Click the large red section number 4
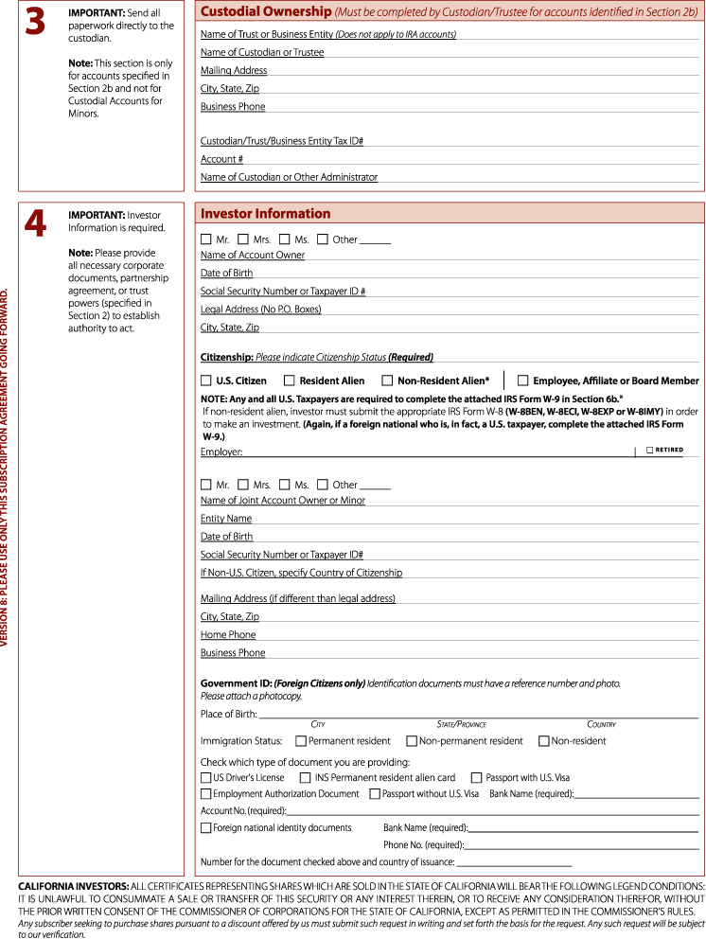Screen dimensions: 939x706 pyautogui.click(x=35, y=223)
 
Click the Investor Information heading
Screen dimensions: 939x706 pyautogui.click(x=266, y=214)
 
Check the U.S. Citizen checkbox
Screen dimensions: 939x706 pyautogui.click(x=206, y=381)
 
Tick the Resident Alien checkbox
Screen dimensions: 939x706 pyautogui.click(x=290, y=381)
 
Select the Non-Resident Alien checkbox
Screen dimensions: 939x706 pyautogui.click(x=387, y=381)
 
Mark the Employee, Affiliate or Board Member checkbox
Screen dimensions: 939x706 pyautogui.click(x=522, y=381)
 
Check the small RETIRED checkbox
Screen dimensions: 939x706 pyautogui.click(x=649, y=451)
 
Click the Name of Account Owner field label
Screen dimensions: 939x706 pyautogui.click(x=253, y=255)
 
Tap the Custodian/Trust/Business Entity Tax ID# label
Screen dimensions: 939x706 pyautogui.click(x=282, y=140)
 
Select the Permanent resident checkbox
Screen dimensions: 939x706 pyautogui.click(x=300, y=740)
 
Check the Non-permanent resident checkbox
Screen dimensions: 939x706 pyautogui.click(x=411, y=740)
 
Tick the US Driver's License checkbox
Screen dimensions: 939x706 pyautogui.click(x=206, y=777)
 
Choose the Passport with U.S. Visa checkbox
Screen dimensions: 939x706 pyautogui.click(x=476, y=777)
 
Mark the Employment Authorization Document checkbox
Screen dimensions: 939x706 pyautogui.click(x=206, y=793)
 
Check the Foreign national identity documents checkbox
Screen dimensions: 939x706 pyautogui.click(x=206, y=827)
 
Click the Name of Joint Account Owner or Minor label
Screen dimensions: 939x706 pyautogui.click(x=283, y=500)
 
